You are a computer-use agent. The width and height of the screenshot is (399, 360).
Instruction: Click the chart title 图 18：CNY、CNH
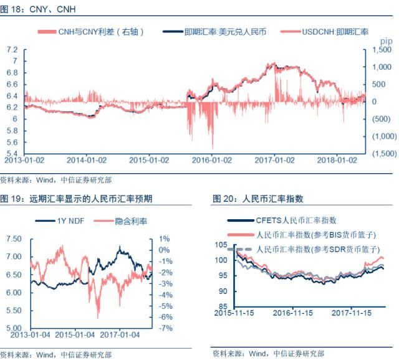39,9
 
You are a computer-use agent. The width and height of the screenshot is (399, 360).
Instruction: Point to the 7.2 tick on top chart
11,49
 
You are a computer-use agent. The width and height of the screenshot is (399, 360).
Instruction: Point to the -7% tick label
164,328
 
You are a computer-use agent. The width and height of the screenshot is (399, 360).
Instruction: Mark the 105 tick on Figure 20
219,244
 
